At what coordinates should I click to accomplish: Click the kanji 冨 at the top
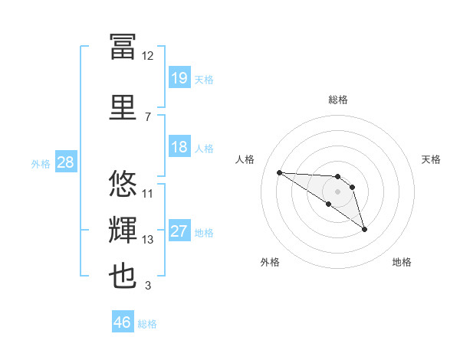(123, 46)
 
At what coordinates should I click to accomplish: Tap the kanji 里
(123, 107)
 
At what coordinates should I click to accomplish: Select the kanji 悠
(123, 183)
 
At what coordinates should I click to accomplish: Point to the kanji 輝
(123, 230)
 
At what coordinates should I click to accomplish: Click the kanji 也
(123, 276)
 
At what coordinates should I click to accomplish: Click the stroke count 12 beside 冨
(147, 56)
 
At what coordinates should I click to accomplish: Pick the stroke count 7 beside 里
(148, 117)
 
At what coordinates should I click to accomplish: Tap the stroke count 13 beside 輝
(147, 240)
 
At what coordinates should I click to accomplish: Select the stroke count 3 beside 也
(148, 285)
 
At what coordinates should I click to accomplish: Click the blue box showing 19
(179, 77)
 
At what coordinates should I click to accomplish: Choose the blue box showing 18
(179, 146)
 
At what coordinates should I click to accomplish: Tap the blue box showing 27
(179, 230)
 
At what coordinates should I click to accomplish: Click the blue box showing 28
(66, 162)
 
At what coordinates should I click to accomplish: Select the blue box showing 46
(123, 321)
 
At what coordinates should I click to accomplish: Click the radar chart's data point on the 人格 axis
(280, 172)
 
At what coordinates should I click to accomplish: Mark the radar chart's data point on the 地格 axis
(364, 230)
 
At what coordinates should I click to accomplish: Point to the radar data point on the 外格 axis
(329, 204)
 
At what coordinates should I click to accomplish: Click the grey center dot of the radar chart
(337, 191)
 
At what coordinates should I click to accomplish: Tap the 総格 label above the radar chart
(338, 100)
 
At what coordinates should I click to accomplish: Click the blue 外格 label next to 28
(41, 164)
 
